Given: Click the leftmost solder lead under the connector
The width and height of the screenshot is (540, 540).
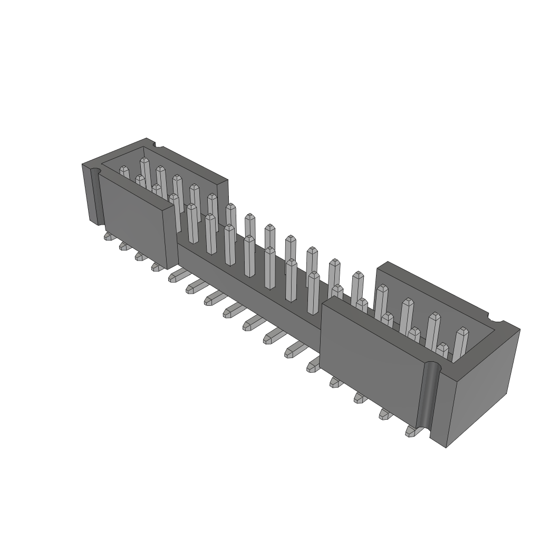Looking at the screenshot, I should [109, 237].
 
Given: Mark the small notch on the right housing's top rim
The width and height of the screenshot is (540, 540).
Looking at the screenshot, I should [495, 320].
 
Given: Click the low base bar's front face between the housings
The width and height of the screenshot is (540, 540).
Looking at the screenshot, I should [248, 285].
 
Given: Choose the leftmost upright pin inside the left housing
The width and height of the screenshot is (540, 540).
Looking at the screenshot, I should [124, 172].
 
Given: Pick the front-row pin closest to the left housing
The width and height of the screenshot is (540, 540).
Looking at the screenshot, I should [192, 222].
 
